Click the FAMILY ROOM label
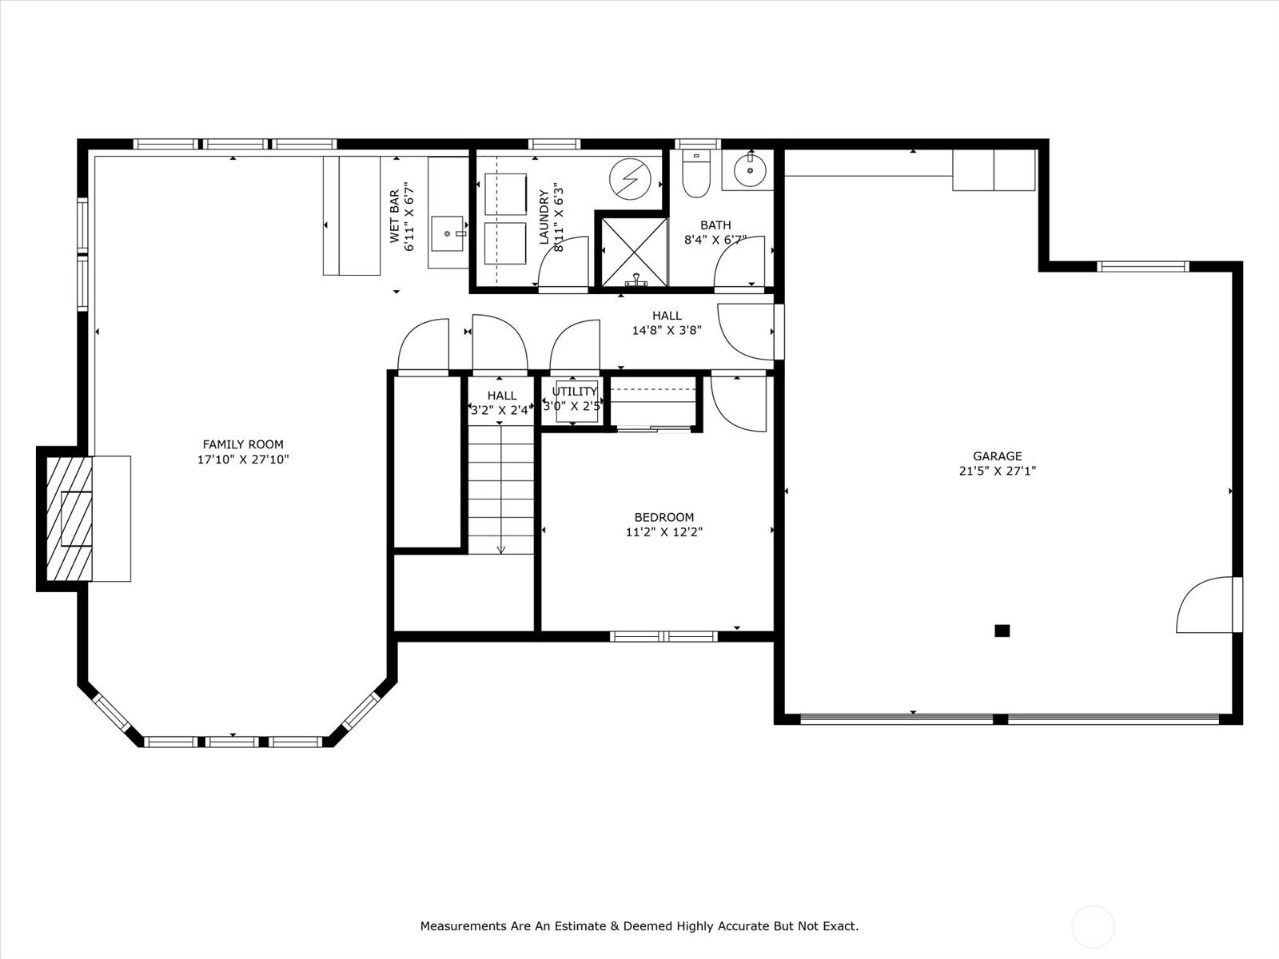pyautogui.click(x=243, y=444)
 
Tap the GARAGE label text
pyautogui.click(x=997, y=456)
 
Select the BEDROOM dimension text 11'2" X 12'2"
pyautogui.click(x=664, y=531)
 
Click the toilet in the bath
pyautogui.click(x=695, y=174)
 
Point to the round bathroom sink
pyautogui.click(x=749, y=170)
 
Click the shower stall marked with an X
pyautogui.click(x=634, y=252)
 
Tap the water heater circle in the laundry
pyautogui.click(x=630, y=179)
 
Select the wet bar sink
pyautogui.click(x=448, y=233)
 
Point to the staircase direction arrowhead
pyautogui.click(x=500, y=550)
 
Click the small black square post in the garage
pyautogui.click(x=1002, y=631)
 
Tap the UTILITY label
pyautogui.click(x=575, y=392)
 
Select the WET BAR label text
pyautogui.click(x=394, y=216)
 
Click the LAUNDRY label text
pyautogui.click(x=544, y=217)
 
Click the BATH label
pyautogui.click(x=715, y=225)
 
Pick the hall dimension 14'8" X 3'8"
pyautogui.click(x=667, y=330)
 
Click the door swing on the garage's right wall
pyautogui.click(x=1204, y=604)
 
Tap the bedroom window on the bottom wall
pyautogui.click(x=663, y=636)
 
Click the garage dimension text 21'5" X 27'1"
pyautogui.click(x=997, y=471)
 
